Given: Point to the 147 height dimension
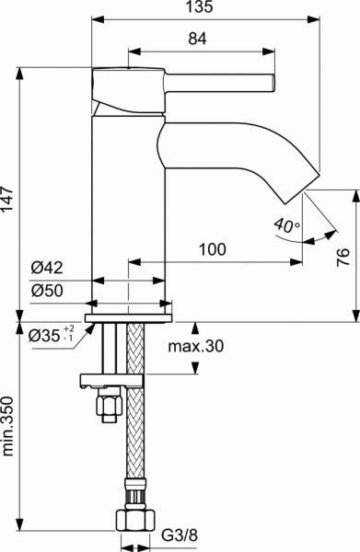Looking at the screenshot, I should [x=8, y=195].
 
